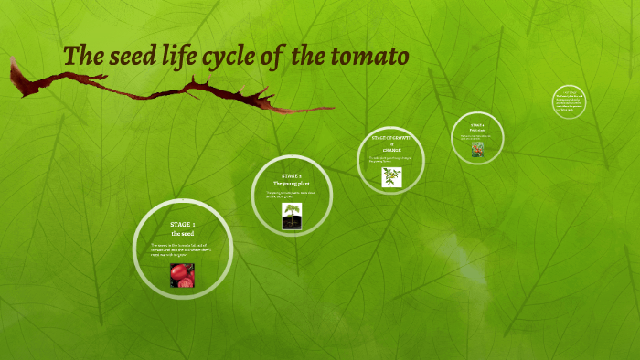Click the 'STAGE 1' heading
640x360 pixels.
pos(182,224)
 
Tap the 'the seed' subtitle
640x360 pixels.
pos(182,235)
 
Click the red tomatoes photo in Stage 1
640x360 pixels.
pos(182,275)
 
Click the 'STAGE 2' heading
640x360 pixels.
pos(291,175)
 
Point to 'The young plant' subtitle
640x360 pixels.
pos(291,183)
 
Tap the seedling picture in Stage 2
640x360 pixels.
pos(292,216)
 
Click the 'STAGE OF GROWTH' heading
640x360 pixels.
pos(391,137)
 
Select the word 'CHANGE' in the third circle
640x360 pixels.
pos(391,150)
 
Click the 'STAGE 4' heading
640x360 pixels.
pos(477,124)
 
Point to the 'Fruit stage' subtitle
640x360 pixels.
pos(477,130)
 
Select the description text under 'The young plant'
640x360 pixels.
pos(291,194)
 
